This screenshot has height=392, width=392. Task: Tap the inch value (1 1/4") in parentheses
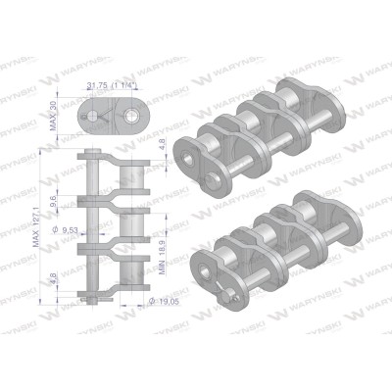tap(124, 85)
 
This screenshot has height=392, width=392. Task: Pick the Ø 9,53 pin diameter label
tap(65, 230)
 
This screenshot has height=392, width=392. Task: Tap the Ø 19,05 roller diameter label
tap(164, 301)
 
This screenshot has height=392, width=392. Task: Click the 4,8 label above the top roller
tap(162, 145)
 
